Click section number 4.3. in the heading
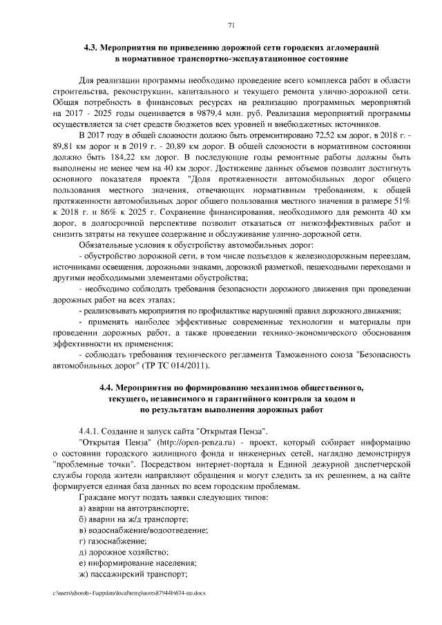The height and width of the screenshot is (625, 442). [90, 48]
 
